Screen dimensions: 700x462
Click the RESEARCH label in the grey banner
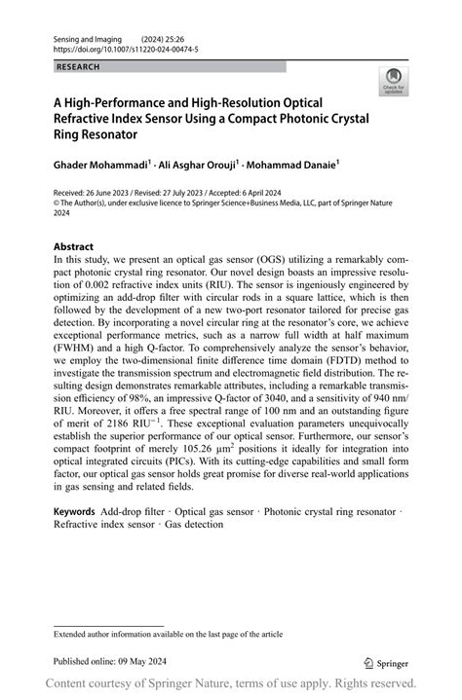coord(77,67)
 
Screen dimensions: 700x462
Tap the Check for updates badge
coord(393,81)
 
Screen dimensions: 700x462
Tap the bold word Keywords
coord(74,511)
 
